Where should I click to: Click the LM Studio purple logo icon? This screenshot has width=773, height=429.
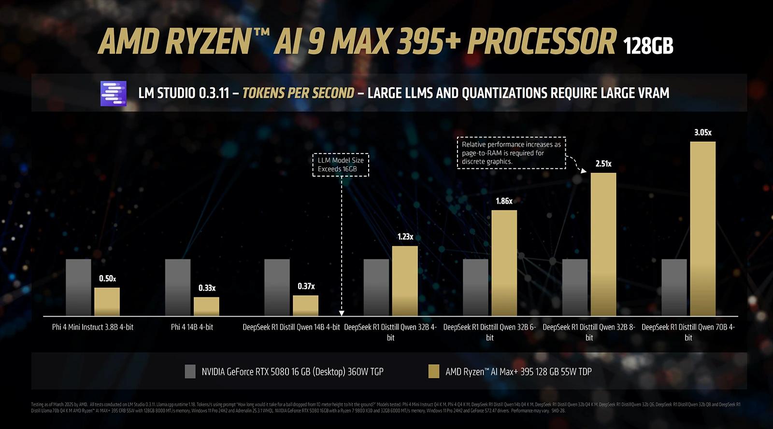coord(113,93)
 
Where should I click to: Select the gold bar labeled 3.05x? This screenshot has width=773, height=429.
coord(702,229)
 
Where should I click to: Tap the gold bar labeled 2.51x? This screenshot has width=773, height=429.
coord(603,244)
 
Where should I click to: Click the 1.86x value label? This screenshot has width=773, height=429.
coord(504,201)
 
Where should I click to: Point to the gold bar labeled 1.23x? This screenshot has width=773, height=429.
coord(405,281)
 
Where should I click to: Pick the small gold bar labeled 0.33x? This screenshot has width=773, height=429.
coord(206,306)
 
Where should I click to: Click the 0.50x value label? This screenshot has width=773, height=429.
coord(107,278)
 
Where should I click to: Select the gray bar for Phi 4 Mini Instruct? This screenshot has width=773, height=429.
coord(78,287)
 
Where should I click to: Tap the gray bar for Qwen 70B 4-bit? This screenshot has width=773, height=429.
coord(674,287)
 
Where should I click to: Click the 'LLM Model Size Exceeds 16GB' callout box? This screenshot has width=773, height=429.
coord(341,165)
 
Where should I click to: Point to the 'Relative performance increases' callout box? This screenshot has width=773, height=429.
coord(511,152)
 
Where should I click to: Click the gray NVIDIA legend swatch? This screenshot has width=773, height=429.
coord(190,371)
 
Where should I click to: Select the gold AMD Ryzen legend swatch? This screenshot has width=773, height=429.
coord(433,371)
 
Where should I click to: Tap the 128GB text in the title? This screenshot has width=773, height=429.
coord(647,46)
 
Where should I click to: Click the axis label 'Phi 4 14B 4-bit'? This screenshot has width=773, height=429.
coord(192,327)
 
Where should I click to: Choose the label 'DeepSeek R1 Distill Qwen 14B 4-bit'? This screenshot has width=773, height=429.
coord(291,327)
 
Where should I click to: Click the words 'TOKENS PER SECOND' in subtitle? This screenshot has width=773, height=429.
coord(298,93)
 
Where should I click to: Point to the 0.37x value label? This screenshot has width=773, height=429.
coord(306,286)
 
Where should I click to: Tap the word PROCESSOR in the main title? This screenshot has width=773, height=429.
coord(542,42)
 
